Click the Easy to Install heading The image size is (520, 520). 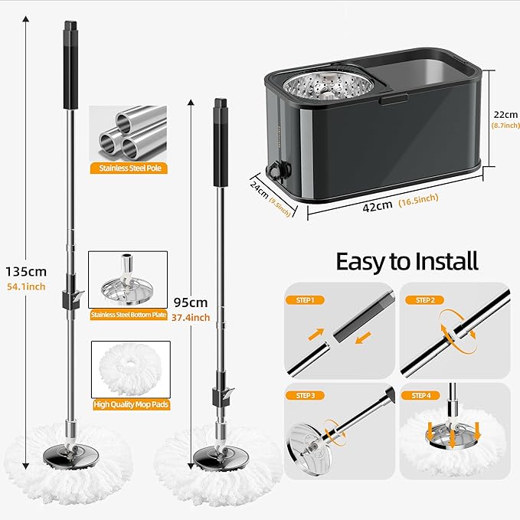pyautogui.click(x=407, y=261)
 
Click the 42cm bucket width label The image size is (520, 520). pyautogui.click(x=378, y=205)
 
